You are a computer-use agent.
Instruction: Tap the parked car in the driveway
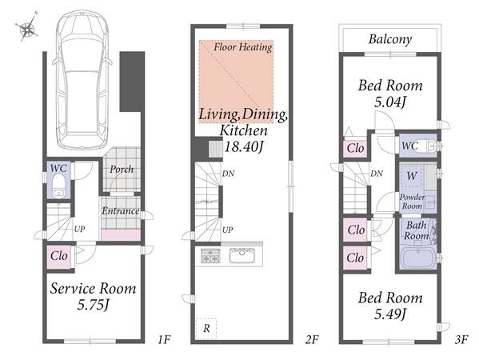click(82, 81)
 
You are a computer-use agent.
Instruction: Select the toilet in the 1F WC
click(58, 186)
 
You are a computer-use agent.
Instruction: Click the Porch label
click(122, 170)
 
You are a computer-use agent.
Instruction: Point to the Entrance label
click(121, 211)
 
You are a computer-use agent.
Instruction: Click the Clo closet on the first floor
click(59, 256)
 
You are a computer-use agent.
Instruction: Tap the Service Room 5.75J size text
click(93, 305)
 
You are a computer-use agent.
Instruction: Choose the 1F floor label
click(164, 339)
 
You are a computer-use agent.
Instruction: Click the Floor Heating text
click(243, 47)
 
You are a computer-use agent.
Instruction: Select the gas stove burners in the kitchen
click(210, 255)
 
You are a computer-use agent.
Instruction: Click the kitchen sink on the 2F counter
click(242, 255)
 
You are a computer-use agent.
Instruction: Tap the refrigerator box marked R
click(206, 328)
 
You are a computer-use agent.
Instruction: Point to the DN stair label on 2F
click(228, 174)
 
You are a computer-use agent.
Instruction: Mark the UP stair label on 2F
click(228, 230)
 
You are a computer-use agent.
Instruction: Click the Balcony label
click(390, 39)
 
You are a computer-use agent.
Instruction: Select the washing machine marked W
click(412, 176)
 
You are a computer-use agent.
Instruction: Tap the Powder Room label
click(412, 202)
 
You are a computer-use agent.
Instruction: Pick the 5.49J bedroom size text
click(390, 314)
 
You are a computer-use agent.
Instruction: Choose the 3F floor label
click(461, 339)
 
